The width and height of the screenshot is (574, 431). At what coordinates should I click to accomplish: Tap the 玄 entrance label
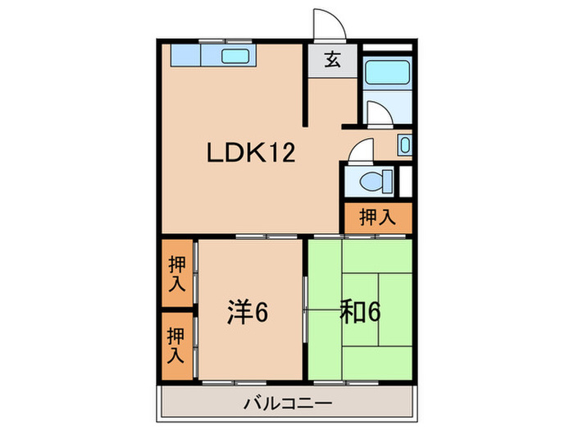(x=332, y=60)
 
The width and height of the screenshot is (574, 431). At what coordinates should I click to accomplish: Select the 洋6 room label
(x=248, y=312)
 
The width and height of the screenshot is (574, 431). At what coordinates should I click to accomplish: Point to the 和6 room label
(x=360, y=312)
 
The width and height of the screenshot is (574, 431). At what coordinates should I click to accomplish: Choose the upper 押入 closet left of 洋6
(x=177, y=274)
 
